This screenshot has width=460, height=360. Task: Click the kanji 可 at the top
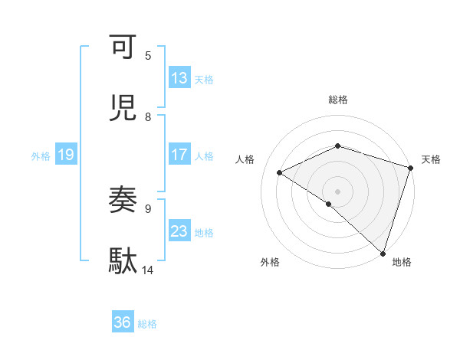tap(124, 47)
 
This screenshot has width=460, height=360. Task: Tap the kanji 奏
tap(124, 201)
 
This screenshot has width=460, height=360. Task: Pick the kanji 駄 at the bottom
tap(124, 261)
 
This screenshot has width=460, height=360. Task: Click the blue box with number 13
tap(179, 78)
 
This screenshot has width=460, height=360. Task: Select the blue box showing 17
tap(179, 155)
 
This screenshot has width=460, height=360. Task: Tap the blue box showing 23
tap(179, 231)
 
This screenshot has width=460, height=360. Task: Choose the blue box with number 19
tap(66, 155)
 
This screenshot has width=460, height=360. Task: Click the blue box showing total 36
tap(123, 322)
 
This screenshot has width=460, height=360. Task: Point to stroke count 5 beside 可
tap(148, 56)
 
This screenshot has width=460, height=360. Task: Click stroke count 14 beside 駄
tap(148, 270)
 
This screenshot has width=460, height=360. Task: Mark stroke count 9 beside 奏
tap(148, 208)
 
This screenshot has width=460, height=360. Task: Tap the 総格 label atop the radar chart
tap(338, 100)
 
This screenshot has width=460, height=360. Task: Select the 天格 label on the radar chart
tap(431, 159)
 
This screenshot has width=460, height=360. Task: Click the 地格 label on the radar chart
tap(402, 263)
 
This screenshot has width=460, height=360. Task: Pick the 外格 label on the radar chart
tap(270, 263)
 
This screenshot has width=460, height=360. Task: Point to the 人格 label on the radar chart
tap(245, 159)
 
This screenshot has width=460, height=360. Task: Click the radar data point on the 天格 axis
tap(410, 168)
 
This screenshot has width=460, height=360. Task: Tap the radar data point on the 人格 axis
tap(280, 172)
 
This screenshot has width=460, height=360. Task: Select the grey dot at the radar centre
tap(337, 191)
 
